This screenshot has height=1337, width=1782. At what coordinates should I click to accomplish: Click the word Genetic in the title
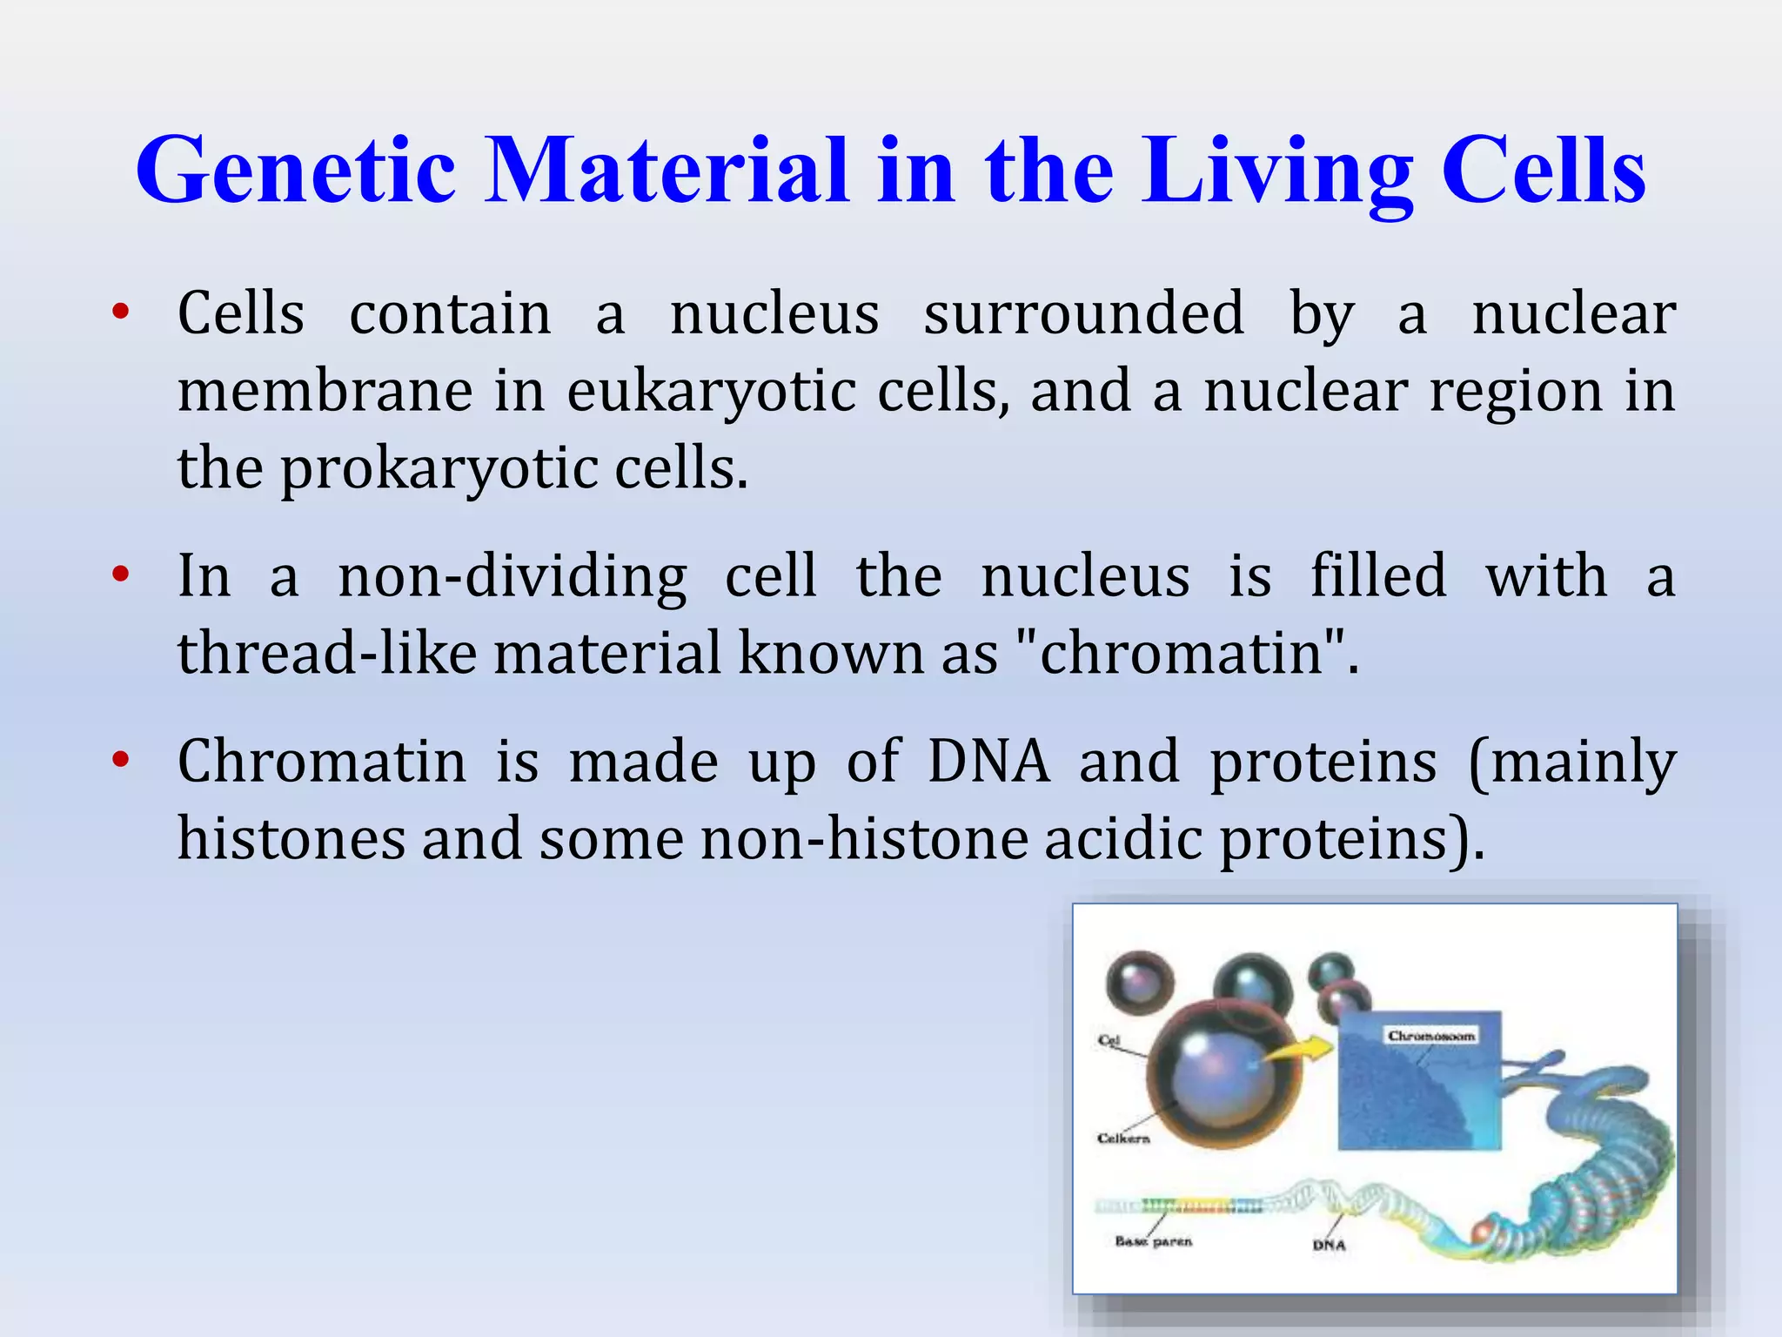(296, 171)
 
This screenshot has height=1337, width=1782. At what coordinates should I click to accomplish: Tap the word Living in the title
(1277, 171)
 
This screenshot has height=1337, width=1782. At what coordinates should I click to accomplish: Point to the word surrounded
(1083, 313)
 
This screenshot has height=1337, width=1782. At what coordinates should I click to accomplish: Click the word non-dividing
(512, 577)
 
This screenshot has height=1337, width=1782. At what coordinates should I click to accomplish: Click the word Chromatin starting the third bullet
(322, 762)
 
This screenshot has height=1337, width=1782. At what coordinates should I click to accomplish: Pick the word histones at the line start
(291, 838)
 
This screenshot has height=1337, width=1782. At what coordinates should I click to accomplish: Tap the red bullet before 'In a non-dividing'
(121, 575)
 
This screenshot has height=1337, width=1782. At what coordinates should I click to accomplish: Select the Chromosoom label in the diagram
(1431, 1036)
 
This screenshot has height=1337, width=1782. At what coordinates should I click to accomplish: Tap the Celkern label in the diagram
(1123, 1139)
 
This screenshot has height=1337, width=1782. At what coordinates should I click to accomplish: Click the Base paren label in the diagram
(1153, 1241)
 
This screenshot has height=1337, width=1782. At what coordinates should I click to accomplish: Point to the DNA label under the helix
(1329, 1246)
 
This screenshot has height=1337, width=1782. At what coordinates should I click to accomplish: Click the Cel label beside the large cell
(1109, 1040)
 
